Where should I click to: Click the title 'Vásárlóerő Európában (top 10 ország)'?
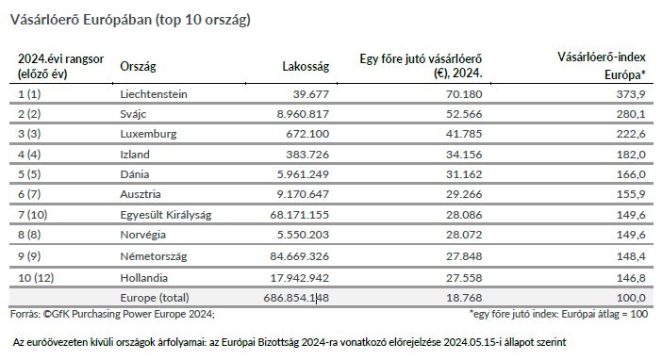[x=130, y=20]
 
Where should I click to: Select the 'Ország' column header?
[x=138, y=66]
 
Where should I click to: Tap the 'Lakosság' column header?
[x=306, y=66]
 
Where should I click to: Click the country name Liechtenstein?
[x=154, y=94]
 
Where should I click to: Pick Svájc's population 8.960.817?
[x=303, y=114]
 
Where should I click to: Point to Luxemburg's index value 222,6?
[x=631, y=134]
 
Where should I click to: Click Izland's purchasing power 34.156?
[x=464, y=155]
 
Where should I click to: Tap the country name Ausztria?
[x=141, y=194]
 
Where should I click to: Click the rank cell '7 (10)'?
[x=33, y=215]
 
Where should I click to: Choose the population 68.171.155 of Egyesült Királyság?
[x=299, y=215]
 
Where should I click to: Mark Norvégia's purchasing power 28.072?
[x=464, y=235]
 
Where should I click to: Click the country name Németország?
[x=154, y=256]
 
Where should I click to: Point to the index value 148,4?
[x=631, y=256]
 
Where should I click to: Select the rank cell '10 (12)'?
[x=37, y=278]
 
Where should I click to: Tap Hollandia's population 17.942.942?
[x=299, y=278]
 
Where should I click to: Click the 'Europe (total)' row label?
[x=155, y=298]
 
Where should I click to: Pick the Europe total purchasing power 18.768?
[x=464, y=298]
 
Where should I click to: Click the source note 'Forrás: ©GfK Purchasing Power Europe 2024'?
[x=112, y=314]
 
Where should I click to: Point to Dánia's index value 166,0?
[x=631, y=174]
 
